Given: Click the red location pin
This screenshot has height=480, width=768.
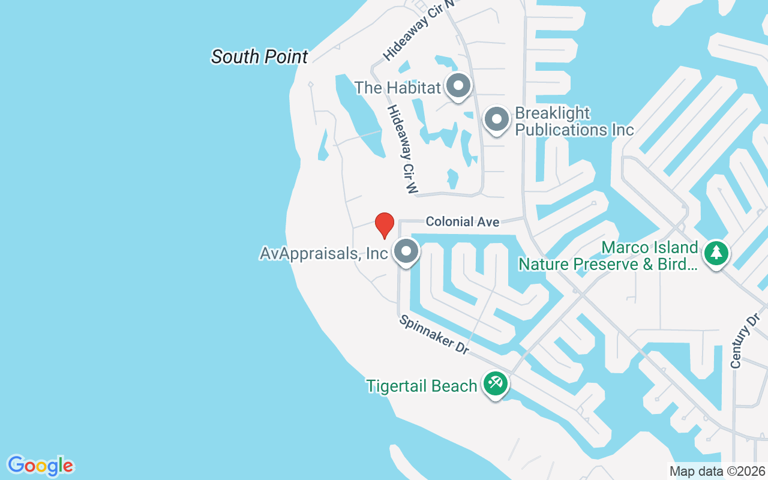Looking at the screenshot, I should [x=384, y=225].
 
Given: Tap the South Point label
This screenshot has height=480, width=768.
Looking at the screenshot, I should [x=259, y=57].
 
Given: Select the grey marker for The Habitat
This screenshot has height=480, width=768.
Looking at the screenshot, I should [x=459, y=86].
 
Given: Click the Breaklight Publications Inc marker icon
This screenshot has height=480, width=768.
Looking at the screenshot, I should [x=496, y=119].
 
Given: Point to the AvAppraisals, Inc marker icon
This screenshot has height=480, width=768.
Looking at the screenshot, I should [x=406, y=252].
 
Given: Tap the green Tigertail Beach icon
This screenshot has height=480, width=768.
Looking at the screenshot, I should [x=495, y=383].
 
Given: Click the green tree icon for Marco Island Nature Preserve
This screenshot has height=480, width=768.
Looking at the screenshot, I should [x=716, y=253].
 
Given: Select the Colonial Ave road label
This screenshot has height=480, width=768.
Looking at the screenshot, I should [x=462, y=222].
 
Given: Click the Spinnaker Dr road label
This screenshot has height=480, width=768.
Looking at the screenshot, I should [x=434, y=335].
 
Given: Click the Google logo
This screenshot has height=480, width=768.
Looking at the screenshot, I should [x=40, y=466].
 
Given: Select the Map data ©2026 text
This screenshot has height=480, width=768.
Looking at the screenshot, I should [x=718, y=471].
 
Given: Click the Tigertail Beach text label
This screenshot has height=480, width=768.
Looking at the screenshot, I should [x=422, y=386].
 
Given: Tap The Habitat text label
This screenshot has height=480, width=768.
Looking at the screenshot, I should [x=398, y=88].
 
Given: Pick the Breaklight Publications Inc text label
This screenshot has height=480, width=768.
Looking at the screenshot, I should [x=574, y=121].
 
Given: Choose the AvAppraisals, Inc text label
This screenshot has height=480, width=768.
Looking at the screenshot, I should [x=323, y=253].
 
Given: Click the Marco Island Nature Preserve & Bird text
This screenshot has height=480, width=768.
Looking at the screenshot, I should [x=608, y=256].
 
